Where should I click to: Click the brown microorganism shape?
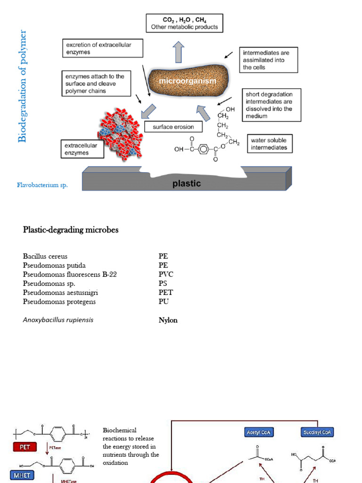click(188, 81)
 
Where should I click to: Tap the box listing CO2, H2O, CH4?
click(184, 23)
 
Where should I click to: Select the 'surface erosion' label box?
click(173, 127)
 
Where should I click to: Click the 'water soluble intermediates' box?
click(269, 144)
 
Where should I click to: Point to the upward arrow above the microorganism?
click(178, 52)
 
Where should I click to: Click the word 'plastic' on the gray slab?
click(187, 183)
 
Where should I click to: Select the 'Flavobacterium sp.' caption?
click(42, 185)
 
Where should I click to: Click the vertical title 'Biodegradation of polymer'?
click(22, 86)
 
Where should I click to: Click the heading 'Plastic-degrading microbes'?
click(71, 230)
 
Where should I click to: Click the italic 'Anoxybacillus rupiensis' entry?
click(58, 320)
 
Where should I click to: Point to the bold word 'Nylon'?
click(168, 320)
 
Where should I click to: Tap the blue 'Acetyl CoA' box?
click(259, 432)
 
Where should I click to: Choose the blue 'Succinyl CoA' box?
click(316, 432)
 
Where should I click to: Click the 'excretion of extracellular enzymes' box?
click(96, 49)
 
